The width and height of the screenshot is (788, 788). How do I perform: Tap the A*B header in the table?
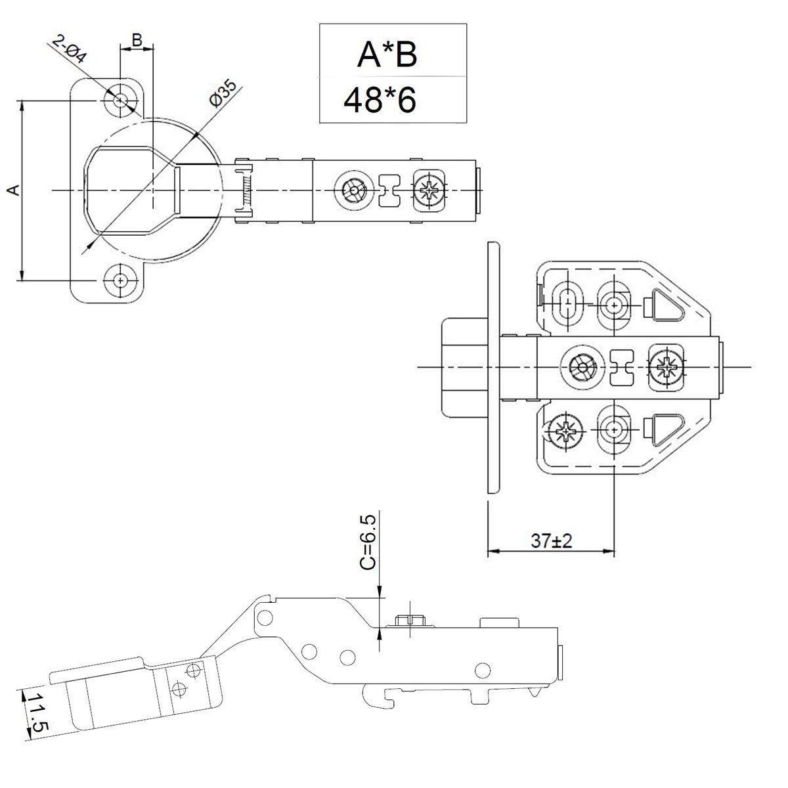tap(387, 56)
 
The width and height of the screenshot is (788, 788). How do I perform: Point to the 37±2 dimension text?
tap(552, 541)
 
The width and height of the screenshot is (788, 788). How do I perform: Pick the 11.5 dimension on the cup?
tap(36, 711)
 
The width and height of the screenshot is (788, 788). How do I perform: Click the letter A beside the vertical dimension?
tap(12, 190)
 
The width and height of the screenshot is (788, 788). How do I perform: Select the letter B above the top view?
tap(137, 40)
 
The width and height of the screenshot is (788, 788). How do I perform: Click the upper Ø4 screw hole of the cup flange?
tap(120, 100)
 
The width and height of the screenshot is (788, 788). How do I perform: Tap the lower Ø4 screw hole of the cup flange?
tap(120, 280)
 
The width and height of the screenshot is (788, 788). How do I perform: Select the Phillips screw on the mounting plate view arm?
tap(667, 366)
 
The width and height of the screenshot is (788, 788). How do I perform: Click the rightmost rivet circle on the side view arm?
tap(483, 669)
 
